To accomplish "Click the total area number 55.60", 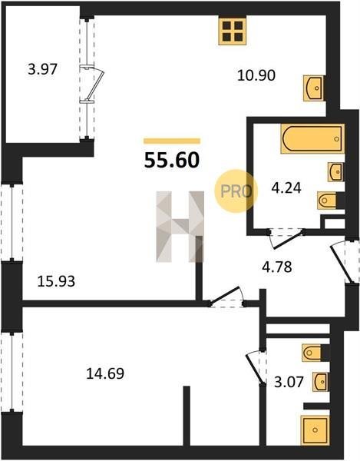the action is point(172,161).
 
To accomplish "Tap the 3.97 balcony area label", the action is point(42,70).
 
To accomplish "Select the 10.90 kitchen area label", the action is point(256,75).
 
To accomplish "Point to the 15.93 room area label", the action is point(56,281).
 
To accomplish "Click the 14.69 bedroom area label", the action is point(105,373).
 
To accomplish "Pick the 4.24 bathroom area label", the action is point(286,188).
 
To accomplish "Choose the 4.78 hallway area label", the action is point(277,267).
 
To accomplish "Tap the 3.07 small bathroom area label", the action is point(289,382).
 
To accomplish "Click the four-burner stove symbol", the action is point(233,31).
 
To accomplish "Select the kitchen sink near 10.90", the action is point(314,88).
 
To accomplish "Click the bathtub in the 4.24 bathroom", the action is point(312,138).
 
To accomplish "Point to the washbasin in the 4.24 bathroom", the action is point(335,171).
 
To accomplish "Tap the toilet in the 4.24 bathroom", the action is point(331,201).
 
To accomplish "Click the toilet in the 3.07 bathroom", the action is point(315,353).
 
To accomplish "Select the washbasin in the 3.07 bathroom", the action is point(320,382).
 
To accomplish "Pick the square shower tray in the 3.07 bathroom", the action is point(315,430).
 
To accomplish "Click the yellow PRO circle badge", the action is point(236,191).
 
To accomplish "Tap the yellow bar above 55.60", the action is point(172,141).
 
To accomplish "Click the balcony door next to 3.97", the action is point(93,85).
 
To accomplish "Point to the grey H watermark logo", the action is point(180,227).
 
